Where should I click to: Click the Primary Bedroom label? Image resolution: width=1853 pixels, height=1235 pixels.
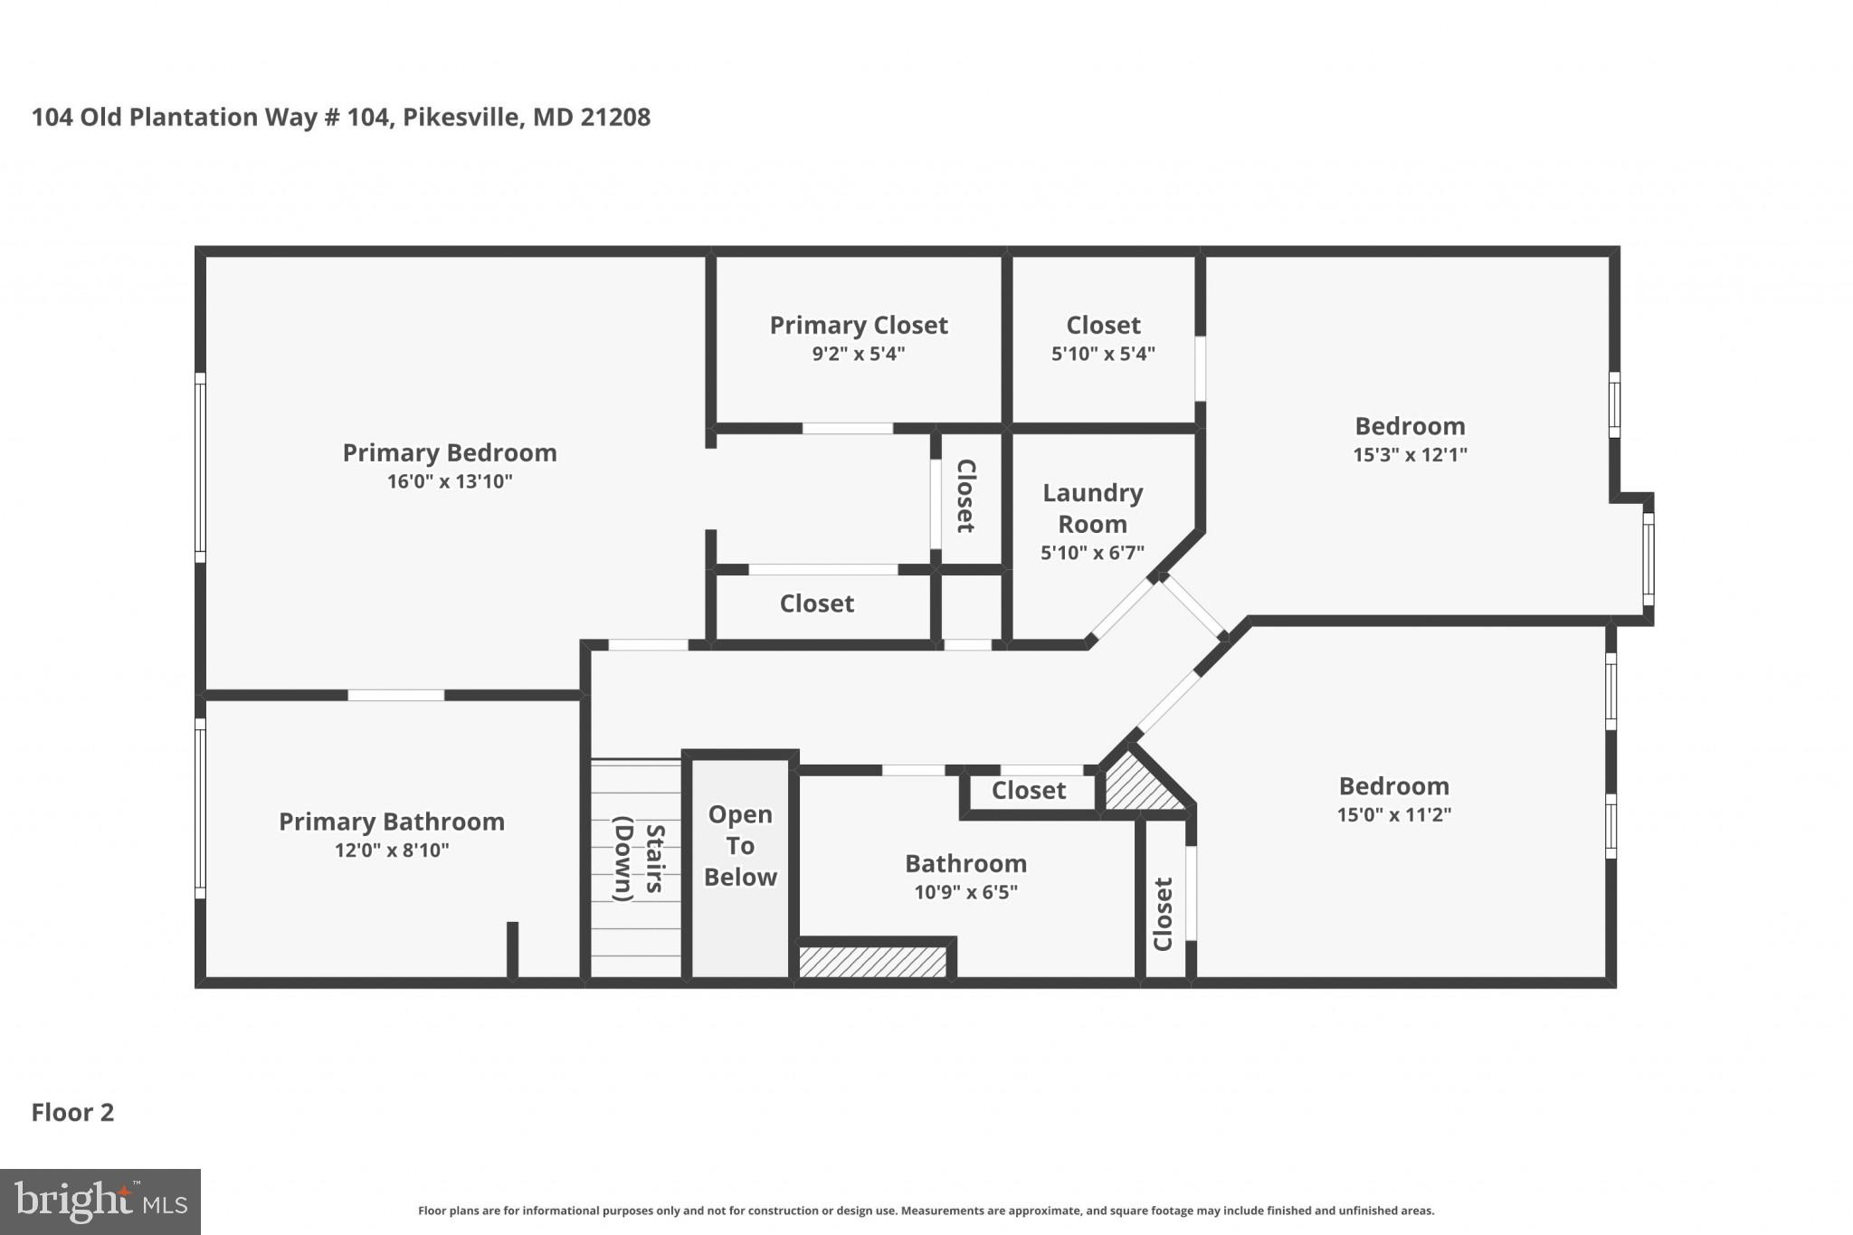[450, 452]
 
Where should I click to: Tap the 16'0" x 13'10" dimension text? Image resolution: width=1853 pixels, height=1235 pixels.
[450, 481]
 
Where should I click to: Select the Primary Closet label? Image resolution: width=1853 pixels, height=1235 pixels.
[859, 325]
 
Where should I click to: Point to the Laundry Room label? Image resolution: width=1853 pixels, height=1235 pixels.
[1093, 508]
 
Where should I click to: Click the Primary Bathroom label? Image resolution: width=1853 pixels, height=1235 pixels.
[392, 822]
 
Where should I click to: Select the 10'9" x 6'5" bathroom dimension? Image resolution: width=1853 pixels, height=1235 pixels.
[965, 892]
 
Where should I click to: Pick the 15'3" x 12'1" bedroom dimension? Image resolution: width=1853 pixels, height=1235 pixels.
[1410, 454]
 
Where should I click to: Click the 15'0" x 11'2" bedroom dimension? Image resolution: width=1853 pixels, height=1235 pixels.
[1393, 814]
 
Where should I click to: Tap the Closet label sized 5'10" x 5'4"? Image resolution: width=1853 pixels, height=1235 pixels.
[1103, 325]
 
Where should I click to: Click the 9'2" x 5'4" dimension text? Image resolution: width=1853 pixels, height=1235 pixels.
[859, 354]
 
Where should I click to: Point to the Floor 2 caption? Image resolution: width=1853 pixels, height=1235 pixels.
[73, 1112]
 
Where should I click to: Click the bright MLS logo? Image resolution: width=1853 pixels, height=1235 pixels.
[100, 1202]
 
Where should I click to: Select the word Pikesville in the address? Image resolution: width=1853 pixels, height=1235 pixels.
[461, 118]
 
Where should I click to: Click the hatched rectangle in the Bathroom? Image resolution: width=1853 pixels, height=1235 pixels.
[872, 962]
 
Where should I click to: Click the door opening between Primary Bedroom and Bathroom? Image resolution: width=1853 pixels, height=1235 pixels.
[395, 695]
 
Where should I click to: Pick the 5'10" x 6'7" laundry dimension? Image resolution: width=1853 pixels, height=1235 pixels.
[1093, 553]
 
